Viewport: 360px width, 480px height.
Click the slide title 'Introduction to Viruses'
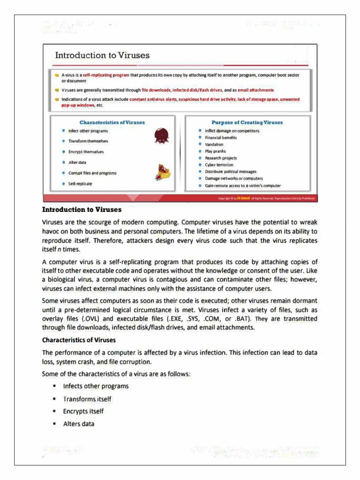click(x=102, y=55)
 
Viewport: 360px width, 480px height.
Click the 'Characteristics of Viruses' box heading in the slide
click(x=112, y=122)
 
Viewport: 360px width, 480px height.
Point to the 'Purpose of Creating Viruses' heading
click(x=247, y=122)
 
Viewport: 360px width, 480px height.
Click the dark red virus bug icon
click(x=161, y=136)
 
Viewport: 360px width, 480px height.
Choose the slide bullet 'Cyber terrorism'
click(x=219, y=165)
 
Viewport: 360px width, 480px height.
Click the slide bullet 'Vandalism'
click(x=214, y=145)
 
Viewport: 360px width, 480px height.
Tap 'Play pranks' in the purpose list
click(x=215, y=151)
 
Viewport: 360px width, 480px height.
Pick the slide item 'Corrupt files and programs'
click(x=92, y=173)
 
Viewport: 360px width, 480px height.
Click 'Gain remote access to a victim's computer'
click(x=243, y=186)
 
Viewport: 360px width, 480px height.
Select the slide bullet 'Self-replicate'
click(x=80, y=184)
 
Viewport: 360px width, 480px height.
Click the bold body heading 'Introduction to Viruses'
click(x=82, y=210)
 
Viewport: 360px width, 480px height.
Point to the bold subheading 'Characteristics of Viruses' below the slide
click(x=79, y=340)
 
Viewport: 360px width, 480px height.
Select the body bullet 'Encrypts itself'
click(x=83, y=411)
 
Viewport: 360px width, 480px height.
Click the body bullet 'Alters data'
click(x=79, y=424)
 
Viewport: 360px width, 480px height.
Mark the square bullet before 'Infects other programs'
click(x=55, y=386)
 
